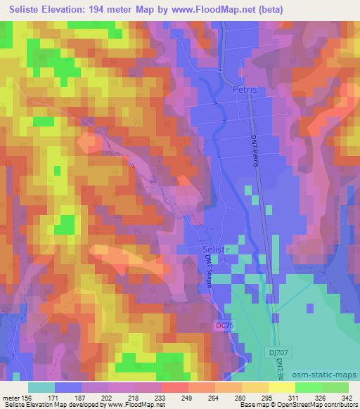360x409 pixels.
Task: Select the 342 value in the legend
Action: (x=347, y=397)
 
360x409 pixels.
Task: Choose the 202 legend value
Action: (x=108, y=397)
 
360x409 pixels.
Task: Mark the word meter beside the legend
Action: (x=13, y=397)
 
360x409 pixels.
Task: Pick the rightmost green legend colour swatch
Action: (x=334, y=387)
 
